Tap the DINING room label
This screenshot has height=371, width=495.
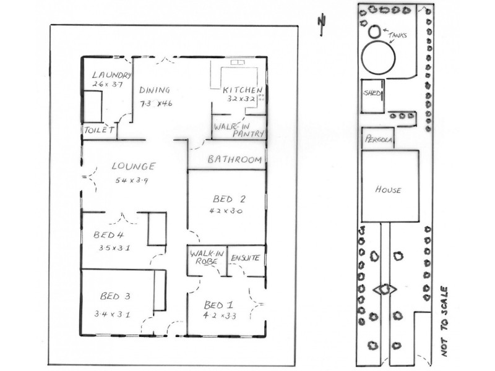point(154,90)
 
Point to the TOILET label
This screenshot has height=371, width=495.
point(99,130)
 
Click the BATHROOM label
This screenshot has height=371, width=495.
point(234,160)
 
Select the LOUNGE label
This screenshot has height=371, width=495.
point(133,166)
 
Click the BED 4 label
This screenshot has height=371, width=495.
point(109,235)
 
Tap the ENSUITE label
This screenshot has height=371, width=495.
point(245,257)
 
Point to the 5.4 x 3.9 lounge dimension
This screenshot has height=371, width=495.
point(132,181)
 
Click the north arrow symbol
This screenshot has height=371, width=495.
point(321,22)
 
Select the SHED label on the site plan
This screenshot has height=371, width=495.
point(372,93)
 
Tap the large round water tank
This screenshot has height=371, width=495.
point(378,59)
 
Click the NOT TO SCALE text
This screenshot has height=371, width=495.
point(444,320)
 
